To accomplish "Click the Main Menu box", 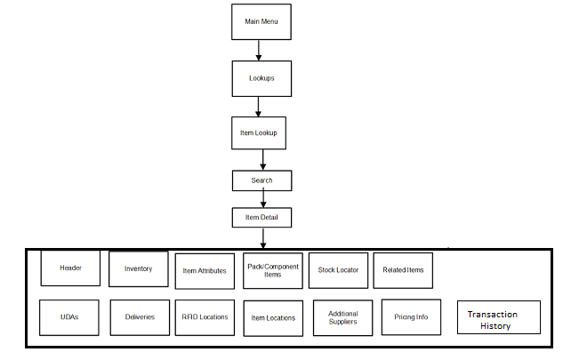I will (261, 21).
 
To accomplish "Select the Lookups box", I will (261, 78).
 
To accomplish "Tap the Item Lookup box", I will (258, 132).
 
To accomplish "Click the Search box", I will (261, 180).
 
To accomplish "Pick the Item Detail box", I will (261, 217).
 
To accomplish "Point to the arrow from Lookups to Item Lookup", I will (258, 107).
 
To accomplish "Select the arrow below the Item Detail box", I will (262, 238).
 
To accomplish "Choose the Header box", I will (70, 268).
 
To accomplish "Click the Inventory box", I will (138, 269).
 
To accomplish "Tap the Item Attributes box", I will (205, 271).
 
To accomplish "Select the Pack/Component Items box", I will (272, 270).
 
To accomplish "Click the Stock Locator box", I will (338, 270).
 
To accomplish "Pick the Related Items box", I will (403, 270).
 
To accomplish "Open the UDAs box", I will (69, 317).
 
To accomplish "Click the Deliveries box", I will (140, 317).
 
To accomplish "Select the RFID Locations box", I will (205, 317).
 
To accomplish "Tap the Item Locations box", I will (273, 318).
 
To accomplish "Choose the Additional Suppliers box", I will (342, 318).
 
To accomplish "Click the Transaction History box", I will (498, 320).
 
